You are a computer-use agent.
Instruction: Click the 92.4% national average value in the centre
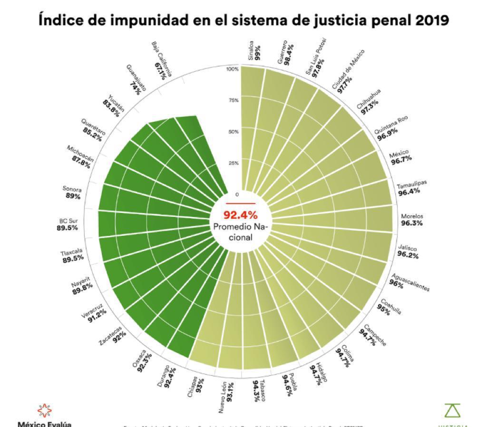point(240,214)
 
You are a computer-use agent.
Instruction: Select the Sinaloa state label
point(251,49)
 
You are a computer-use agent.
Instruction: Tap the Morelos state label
point(412,216)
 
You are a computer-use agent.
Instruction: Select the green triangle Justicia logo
point(452,410)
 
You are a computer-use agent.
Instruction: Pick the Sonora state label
point(72,189)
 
